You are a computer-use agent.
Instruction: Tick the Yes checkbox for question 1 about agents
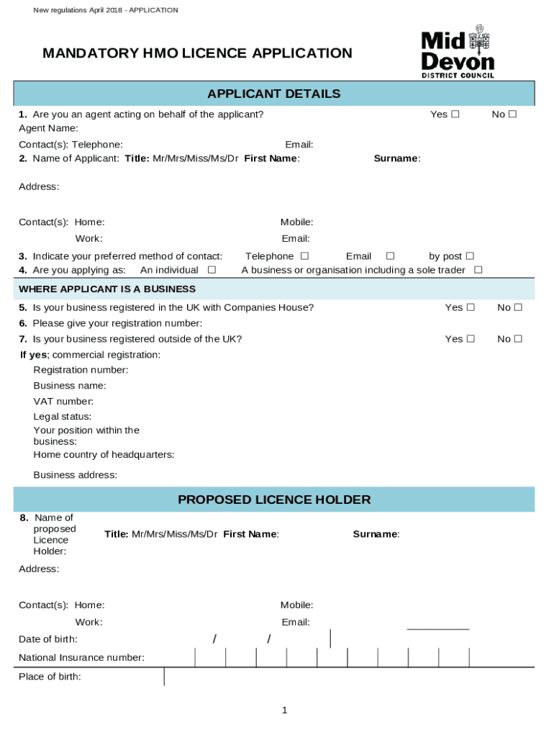455,114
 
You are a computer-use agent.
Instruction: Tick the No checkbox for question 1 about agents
512,114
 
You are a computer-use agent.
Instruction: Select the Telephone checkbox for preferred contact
304,256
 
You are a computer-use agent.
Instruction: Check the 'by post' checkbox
470,256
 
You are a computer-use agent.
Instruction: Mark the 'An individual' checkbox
212,270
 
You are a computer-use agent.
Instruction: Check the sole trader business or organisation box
478,270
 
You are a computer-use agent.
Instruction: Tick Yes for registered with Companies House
471,307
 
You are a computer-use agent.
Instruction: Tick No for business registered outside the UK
517,339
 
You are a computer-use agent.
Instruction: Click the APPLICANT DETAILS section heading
273,94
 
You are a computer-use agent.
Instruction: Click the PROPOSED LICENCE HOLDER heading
273,499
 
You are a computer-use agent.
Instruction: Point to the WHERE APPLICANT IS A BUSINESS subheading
107,289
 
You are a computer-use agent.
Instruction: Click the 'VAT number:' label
63,402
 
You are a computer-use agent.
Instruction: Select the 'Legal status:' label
63,417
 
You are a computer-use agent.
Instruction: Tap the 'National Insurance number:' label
81,658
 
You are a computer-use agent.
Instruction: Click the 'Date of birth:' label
48,639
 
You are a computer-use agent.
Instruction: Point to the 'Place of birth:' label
50,677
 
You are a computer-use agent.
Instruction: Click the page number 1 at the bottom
284,710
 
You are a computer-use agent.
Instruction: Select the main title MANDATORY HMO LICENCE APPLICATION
197,53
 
